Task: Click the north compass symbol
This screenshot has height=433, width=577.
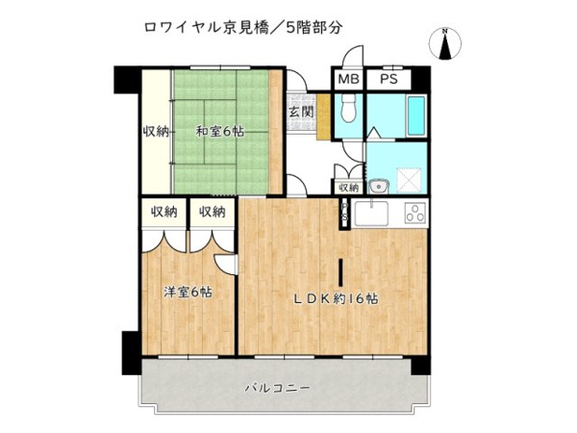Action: (x=445, y=44)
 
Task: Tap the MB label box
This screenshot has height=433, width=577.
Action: (x=348, y=79)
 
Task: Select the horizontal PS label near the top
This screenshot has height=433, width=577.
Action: (x=389, y=79)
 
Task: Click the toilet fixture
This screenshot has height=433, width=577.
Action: (x=348, y=109)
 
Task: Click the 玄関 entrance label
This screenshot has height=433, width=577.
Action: (x=301, y=112)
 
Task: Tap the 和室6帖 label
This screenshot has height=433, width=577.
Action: (x=219, y=132)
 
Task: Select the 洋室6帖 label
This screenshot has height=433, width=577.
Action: (x=188, y=293)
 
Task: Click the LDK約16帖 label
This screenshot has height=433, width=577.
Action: (x=336, y=298)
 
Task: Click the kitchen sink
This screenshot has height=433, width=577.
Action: (x=371, y=214)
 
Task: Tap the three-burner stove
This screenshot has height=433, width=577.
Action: (x=415, y=214)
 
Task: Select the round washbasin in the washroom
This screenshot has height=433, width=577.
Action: (x=377, y=187)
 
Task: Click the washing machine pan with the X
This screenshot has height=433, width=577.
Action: (x=409, y=180)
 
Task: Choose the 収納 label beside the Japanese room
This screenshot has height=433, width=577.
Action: (x=156, y=131)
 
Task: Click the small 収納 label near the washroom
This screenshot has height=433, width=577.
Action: (x=348, y=188)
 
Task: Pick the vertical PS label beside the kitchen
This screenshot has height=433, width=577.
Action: (x=345, y=212)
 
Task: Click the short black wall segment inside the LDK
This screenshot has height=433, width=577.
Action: (x=341, y=272)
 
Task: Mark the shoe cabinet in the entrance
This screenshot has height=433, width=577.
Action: (x=323, y=117)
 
